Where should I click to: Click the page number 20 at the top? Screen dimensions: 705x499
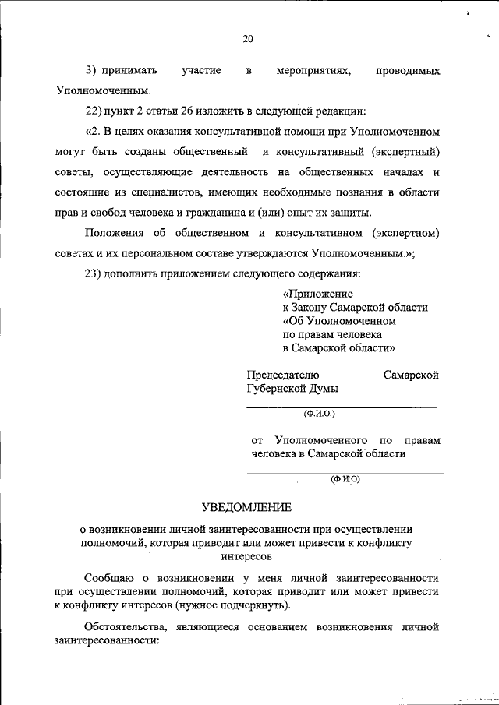[248, 39]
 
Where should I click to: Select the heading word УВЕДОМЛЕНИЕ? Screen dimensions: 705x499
[246, 508]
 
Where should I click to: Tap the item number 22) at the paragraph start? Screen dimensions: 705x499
[97, 109]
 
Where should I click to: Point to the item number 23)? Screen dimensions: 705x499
[97, 274]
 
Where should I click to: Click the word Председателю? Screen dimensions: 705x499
[283, 375]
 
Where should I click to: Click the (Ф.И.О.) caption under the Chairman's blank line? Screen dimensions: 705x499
[319, 414]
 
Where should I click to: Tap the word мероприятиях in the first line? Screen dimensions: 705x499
[313, 71]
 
